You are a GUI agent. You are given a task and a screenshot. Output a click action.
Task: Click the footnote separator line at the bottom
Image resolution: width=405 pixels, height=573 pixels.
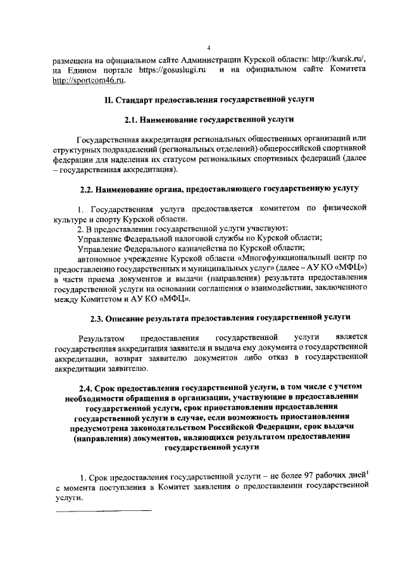point(104,510)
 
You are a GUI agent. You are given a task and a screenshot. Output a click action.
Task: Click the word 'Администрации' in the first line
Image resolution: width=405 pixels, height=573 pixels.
point(215,59)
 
